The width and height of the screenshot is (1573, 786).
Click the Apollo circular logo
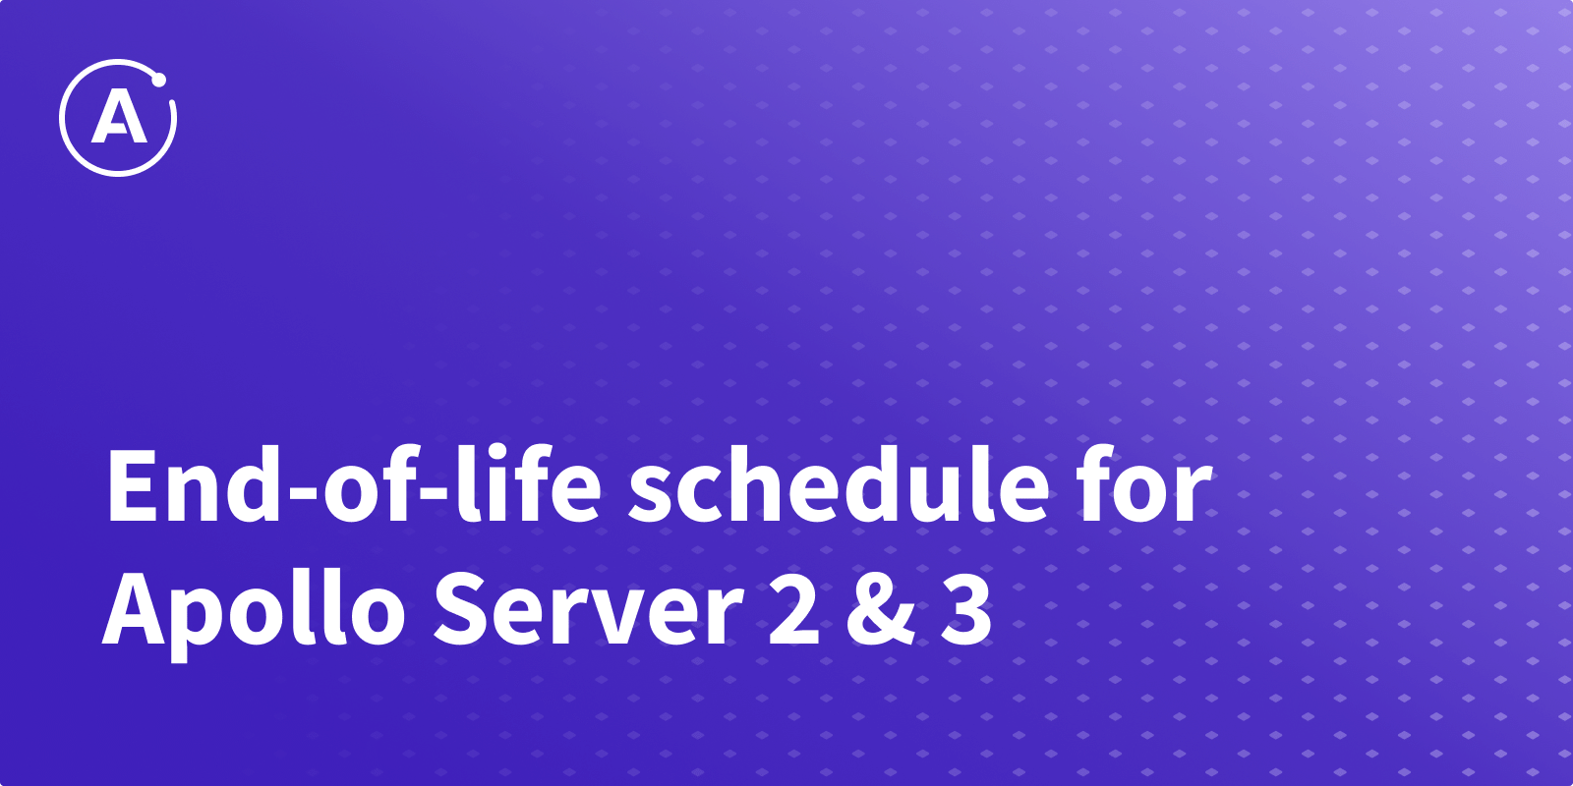[x=118, y=118]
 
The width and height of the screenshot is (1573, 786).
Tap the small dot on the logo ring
[x=158, y=80]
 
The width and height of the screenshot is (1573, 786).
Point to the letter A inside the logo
[x=119, y=119]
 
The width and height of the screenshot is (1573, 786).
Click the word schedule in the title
[x=838, y=484]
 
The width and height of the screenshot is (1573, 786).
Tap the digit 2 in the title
[x=794, y=606]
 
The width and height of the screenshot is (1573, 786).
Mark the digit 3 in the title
[x=966, y=607]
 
